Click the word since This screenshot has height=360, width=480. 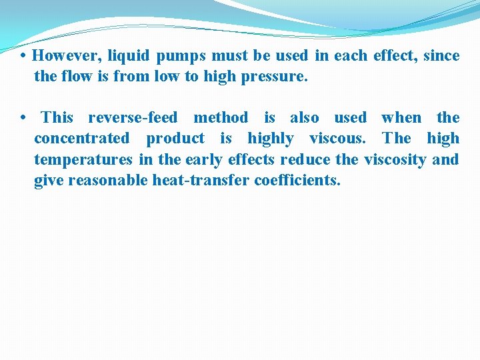441,55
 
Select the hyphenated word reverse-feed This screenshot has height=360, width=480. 133,118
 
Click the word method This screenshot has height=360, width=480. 220,118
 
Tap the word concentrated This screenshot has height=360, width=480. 81,139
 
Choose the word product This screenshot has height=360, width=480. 175,139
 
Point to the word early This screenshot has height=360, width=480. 205,160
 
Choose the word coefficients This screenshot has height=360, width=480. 297,180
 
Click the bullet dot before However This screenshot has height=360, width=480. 23,55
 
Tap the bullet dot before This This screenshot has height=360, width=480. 23,118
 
